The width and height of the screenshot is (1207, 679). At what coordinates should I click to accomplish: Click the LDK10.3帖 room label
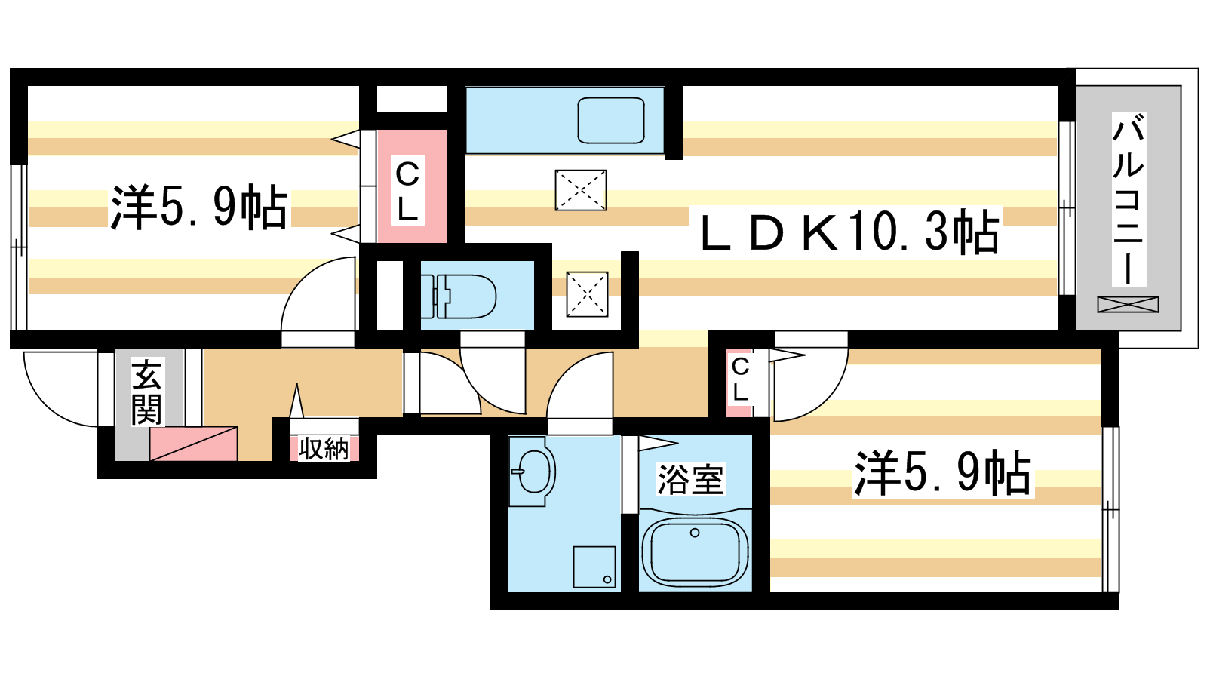coord(849,233)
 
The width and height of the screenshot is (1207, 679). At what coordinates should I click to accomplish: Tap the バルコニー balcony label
coord(1129,198)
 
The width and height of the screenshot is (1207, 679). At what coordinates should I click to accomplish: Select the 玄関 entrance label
coord(146,393)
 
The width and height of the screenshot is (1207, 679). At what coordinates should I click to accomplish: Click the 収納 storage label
coord(324,448)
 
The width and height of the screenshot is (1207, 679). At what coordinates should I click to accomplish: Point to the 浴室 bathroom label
coord(691,478)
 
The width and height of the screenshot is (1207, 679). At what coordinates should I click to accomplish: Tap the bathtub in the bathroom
coord(695,551)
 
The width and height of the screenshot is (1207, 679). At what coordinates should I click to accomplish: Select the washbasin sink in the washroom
coord(533,472)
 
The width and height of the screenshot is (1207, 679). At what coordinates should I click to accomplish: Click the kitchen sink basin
coord(611,120)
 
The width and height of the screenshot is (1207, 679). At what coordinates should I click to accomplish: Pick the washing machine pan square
coord(595,567)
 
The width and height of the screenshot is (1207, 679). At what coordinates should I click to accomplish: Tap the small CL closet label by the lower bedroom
coord(740,379)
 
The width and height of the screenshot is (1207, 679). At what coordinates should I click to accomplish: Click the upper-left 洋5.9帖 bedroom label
coord(198,207)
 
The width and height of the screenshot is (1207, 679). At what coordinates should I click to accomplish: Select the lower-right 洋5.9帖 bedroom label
coord(942,473)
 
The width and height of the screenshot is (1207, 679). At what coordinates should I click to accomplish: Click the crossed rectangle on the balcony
coord(1129,305)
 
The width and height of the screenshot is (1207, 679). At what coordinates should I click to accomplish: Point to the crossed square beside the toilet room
coord(588,294)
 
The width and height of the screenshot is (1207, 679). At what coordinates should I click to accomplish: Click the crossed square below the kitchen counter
coord(581,190)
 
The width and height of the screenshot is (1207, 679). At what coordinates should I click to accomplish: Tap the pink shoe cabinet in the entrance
coord(193,444)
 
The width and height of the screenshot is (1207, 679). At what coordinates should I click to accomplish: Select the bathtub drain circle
coord(695,533)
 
